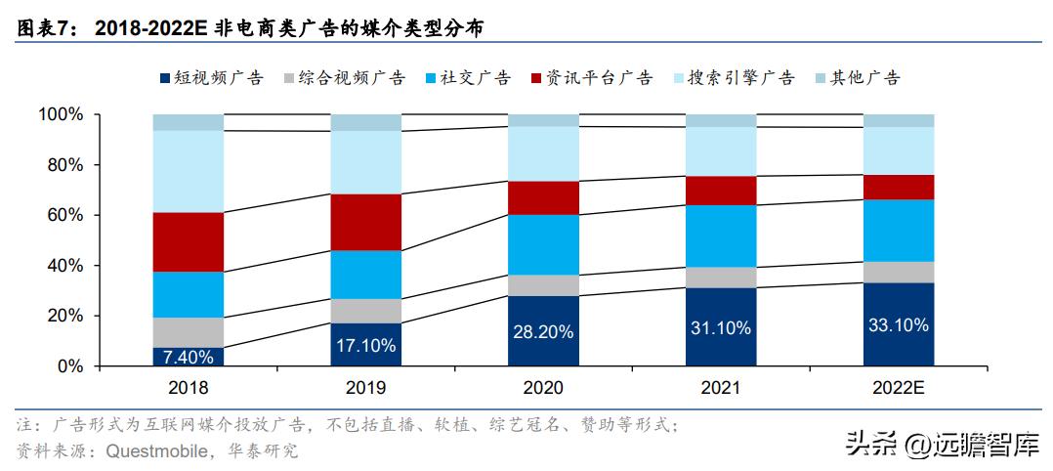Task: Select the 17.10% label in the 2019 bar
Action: (365, 345)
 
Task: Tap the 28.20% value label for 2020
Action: (543, 331)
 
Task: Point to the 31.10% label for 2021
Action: (720, 327)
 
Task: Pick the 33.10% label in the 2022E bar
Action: (898, 324)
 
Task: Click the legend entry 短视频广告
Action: (210, 78)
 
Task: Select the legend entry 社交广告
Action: (468, 78)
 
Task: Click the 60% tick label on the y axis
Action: (64, 216)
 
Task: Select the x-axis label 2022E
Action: (898, 387)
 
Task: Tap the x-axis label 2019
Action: (365, 387)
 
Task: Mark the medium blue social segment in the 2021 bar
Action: (720, 235)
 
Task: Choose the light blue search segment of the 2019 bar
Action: (365, 162)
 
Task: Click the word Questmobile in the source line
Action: (154, 450)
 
